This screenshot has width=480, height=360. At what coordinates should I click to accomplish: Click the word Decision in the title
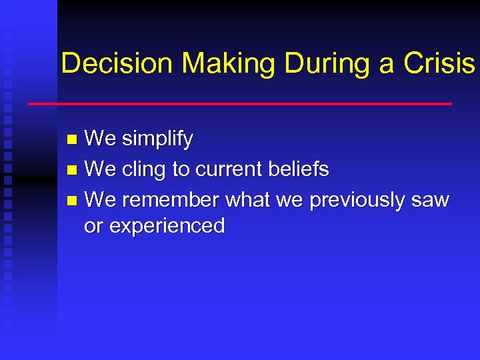click(x=117, y=63)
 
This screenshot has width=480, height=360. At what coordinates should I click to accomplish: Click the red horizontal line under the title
click(x=239, y=104)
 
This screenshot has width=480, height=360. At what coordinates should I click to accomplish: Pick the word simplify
click(x=157, y=139)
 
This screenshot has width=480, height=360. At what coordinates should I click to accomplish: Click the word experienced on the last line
click(x=167, y=227)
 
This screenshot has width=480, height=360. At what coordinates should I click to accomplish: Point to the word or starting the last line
click(x=93, y=227)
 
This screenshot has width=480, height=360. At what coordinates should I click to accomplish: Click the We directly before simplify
click(x=100, y=139)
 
